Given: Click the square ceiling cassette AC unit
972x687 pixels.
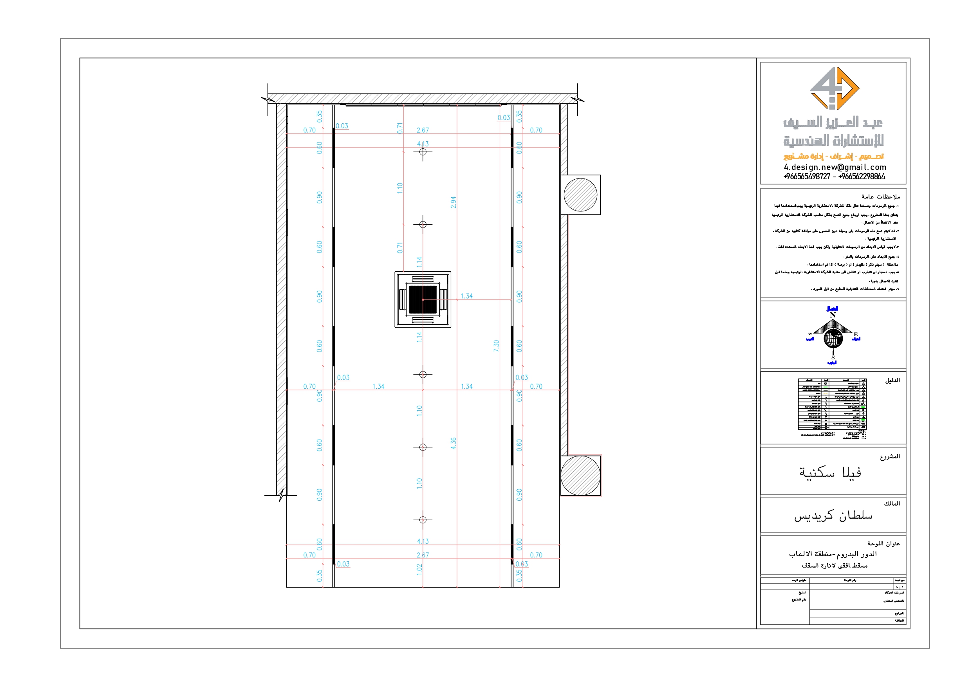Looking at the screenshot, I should [423, 299].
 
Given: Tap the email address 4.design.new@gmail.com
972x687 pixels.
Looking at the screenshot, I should [835, 167].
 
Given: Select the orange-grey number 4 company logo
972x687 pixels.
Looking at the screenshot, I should [834, 88].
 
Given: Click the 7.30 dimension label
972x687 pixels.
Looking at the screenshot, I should [496, 346].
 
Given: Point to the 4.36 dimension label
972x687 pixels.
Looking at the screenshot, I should [453, 443].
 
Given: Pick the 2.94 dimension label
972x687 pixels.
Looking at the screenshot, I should [453, 202].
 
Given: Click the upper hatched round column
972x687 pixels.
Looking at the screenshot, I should [580, 195].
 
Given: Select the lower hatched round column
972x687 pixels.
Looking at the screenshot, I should [580, 475].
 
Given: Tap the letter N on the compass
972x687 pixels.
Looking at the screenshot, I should [832, 315].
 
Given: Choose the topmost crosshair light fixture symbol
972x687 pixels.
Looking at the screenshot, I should [423, 151].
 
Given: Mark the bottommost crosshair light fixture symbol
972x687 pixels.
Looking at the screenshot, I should [423, 519].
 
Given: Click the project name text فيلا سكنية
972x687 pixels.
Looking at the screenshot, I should [830, 472].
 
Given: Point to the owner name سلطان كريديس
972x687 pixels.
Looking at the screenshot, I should [833, 516].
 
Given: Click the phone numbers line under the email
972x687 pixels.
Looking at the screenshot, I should [834, 177].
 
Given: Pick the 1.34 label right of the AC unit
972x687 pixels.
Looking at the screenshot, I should [466, 296].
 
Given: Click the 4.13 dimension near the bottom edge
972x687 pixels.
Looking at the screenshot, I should [423, 541].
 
